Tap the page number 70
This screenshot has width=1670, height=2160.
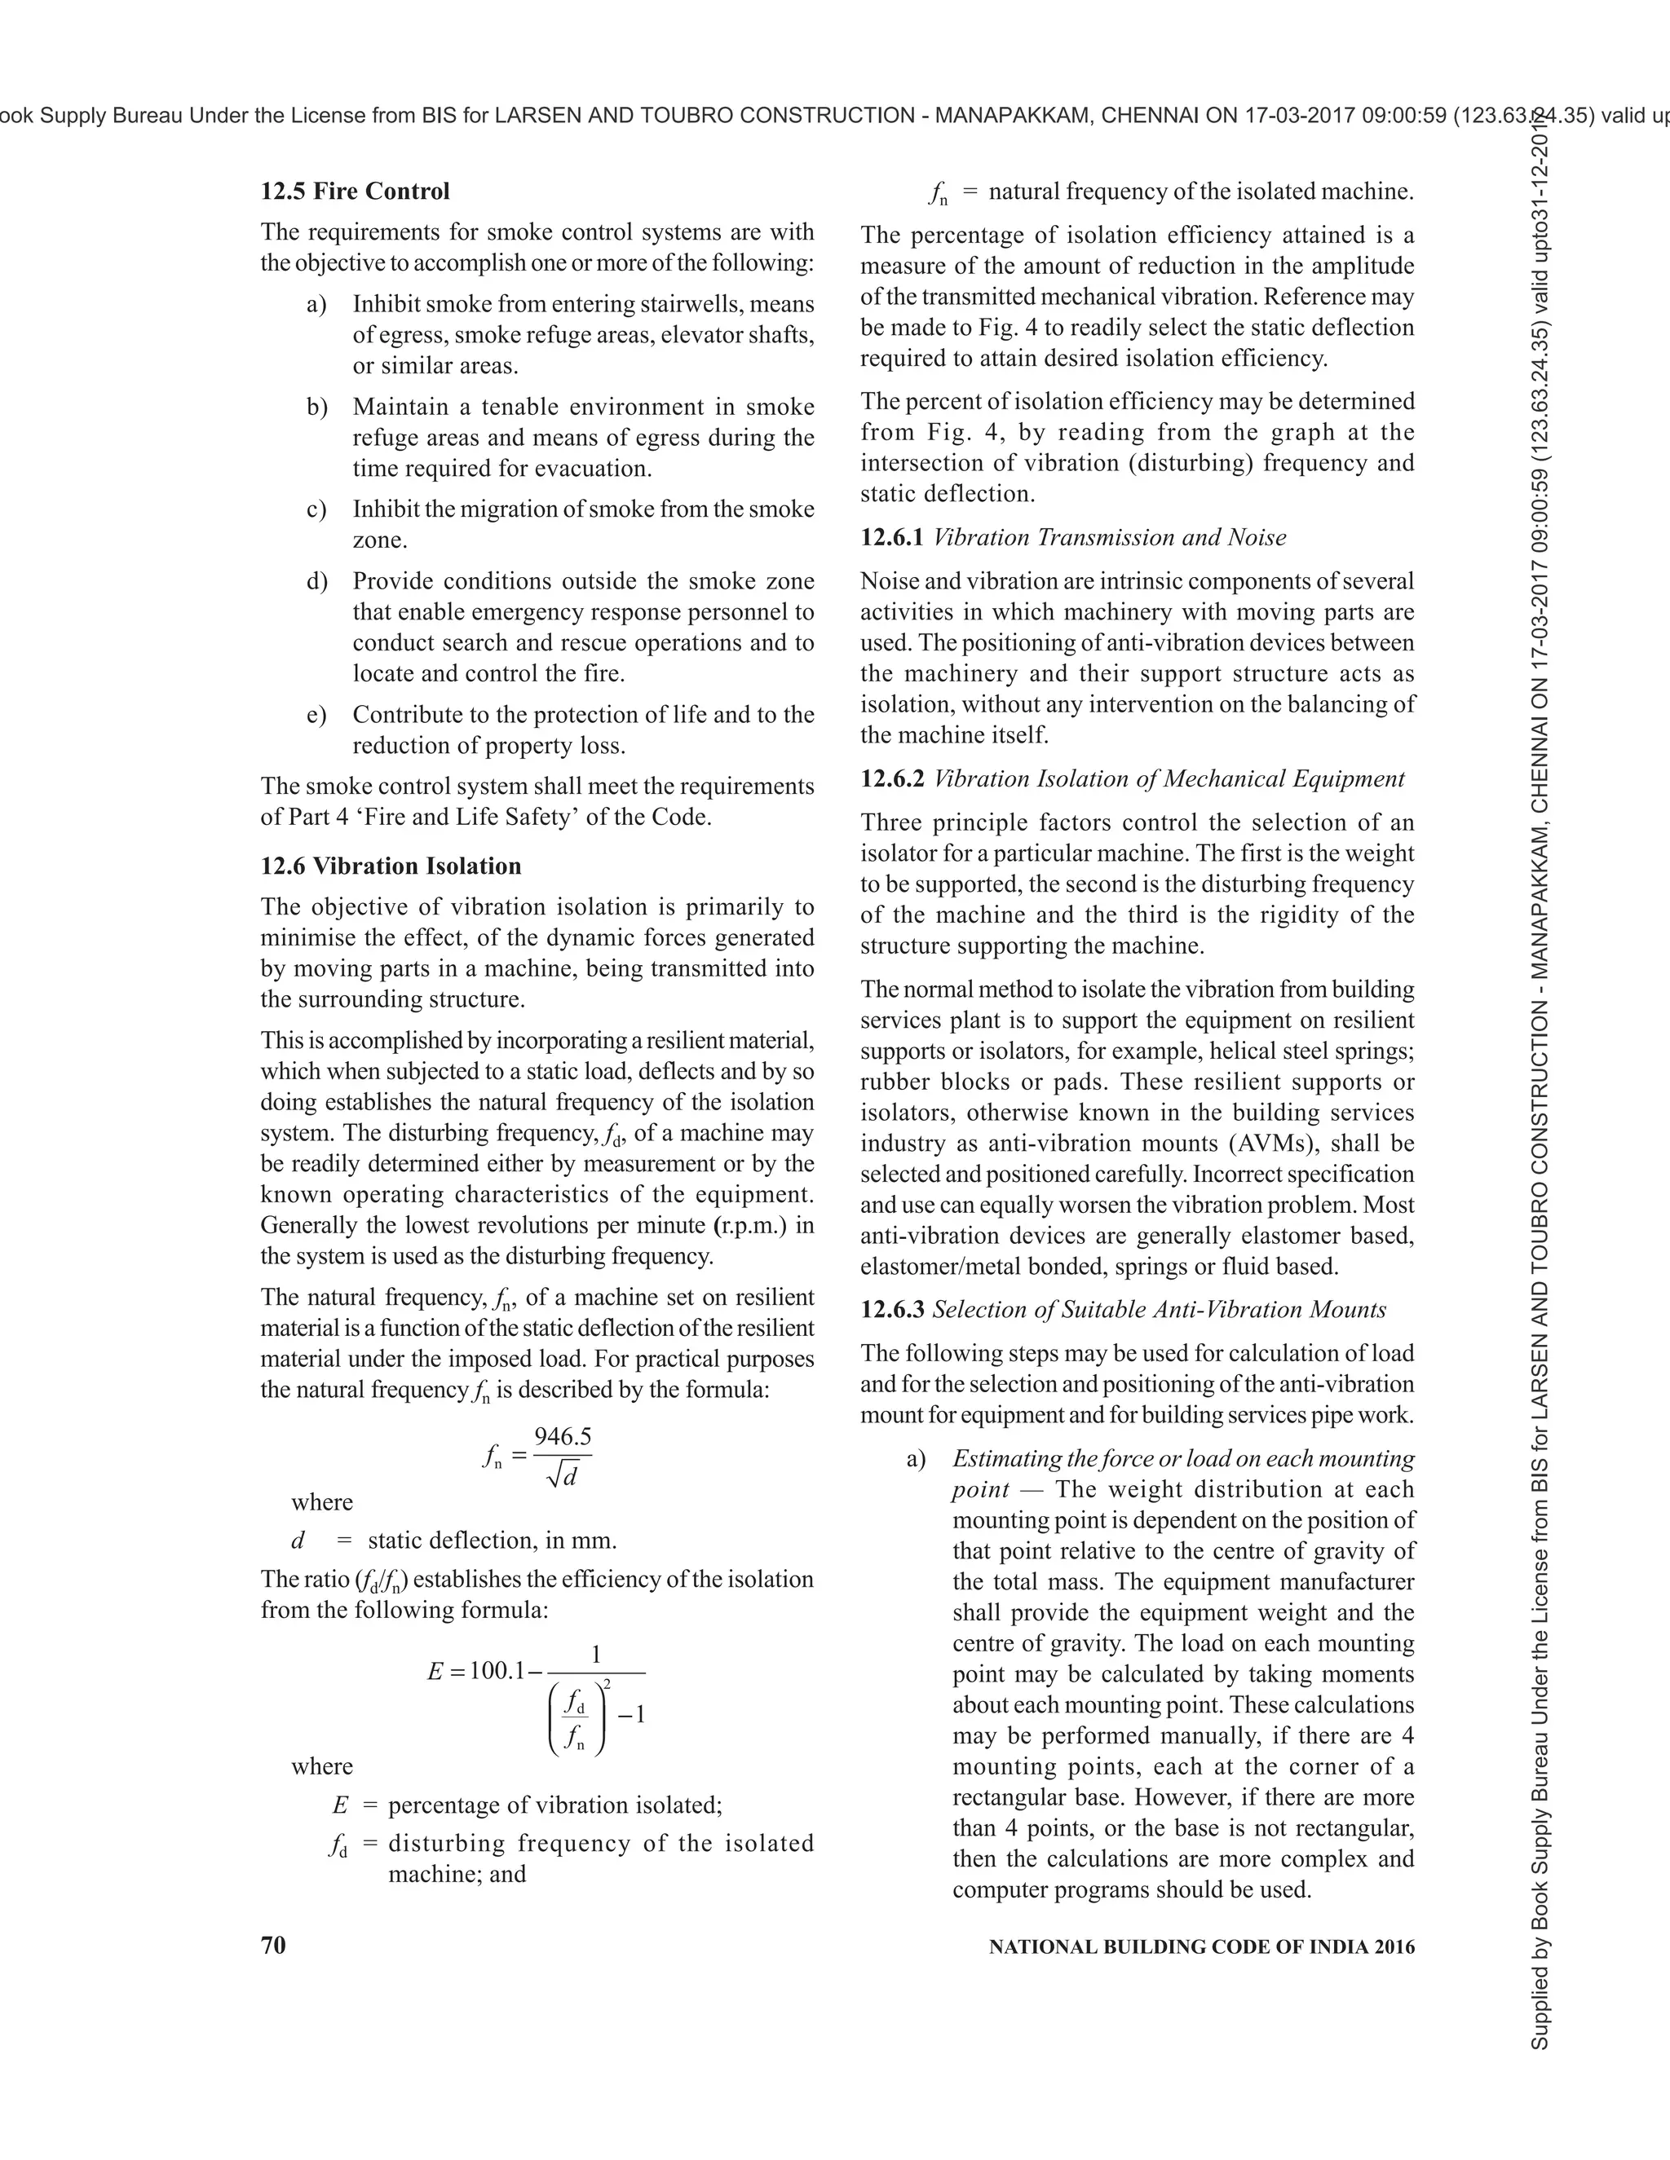[x=273, y=1946]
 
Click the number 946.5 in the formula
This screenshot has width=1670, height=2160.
[x=562, y=1436]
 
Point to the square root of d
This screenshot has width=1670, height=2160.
[x=562, y=1477]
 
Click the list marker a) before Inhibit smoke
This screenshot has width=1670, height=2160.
[x=316, y=304]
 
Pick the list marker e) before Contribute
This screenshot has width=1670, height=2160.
[x=316, y=714]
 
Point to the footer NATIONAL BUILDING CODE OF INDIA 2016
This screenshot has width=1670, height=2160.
[x=1201, y=1946]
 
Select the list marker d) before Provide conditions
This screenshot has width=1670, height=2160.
[x=316, y=580]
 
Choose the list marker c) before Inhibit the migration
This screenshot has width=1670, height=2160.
[x=316, y=509]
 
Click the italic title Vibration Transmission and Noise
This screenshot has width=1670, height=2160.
[x=1109, y=537]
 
